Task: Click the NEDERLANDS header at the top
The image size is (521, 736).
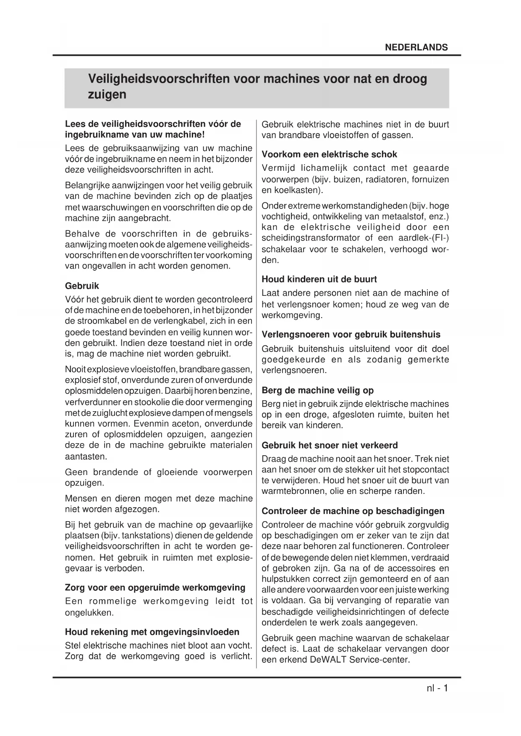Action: coord(416,47)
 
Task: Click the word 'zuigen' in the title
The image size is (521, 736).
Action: coord(107,94)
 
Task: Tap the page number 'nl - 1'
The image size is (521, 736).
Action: coord(435,688)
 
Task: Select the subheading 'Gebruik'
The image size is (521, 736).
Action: coord(82,286)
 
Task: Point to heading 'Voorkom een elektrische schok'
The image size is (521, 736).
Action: coord(329,154)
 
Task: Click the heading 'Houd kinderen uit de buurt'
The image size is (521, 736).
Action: coord(319,279)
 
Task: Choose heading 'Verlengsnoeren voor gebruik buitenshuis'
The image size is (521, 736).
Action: coord(351,334)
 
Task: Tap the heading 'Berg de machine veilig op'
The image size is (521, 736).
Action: coord(317,390)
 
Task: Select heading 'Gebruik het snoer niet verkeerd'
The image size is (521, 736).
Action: coord(330,445)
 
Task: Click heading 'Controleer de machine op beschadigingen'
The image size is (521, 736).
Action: coord(353,511)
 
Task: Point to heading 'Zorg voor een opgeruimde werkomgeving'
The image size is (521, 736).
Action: coord(155,587)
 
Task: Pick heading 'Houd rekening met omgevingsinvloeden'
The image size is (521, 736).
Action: coord(152,632)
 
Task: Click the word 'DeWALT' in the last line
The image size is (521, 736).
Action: coord(329,659)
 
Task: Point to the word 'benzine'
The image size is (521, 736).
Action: coord(238,391)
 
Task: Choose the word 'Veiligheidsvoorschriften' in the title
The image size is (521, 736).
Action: coord(158,79)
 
